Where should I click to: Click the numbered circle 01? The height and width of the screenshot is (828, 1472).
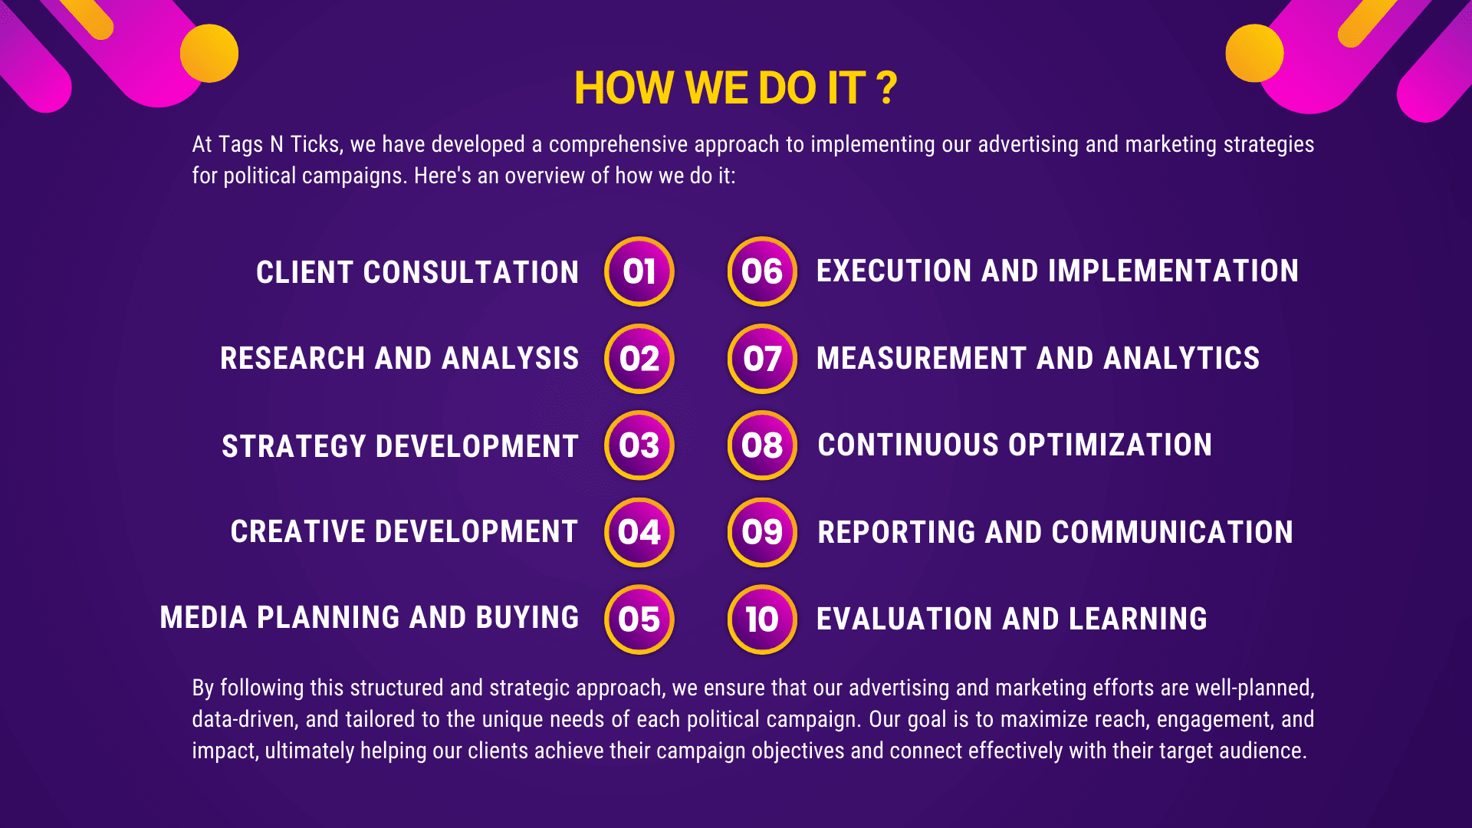[x=639, y=271]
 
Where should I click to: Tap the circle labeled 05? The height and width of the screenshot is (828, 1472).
[x=639, y=619]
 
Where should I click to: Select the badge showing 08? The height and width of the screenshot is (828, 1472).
[x=762, y=445]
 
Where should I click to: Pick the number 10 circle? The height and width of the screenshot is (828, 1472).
[x=762, y=619]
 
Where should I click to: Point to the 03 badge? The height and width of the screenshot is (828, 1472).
[x=639, y=445]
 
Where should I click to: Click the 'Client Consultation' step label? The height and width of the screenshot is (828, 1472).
[x=417, y=272]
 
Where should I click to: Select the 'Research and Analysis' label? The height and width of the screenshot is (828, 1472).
[x=399, y=359]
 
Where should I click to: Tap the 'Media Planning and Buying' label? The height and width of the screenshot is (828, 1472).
[x=369, y=618]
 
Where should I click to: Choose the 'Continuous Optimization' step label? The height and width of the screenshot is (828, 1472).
[x=1014, y=445]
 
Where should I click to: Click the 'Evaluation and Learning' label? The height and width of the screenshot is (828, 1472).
[x=1011, y=619]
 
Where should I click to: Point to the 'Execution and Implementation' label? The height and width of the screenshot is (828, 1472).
[x=1057, y=271]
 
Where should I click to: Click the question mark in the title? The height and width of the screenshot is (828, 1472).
[x=887, y=88]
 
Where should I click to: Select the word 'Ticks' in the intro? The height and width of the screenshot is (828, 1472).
[x=315, y=145]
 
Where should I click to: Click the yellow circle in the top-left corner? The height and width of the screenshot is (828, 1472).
[x=209, y=53]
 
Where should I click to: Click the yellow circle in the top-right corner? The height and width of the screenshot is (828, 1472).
[x=1254, y=53]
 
